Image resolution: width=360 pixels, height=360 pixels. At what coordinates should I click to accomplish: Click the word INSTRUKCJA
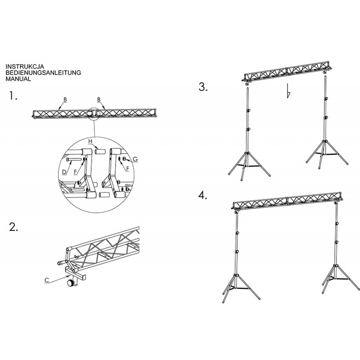[x=25, y=67]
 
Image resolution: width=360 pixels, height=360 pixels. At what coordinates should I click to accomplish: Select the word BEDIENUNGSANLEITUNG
[x=43, y=72]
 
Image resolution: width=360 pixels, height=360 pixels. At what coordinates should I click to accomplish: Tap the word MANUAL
[x=18, y=79]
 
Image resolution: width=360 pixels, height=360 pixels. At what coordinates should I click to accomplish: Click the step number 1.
[x=13, y=95]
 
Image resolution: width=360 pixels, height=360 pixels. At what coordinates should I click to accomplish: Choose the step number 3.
[x=203, y=87]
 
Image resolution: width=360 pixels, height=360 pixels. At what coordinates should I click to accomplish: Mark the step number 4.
[x=203, y=195]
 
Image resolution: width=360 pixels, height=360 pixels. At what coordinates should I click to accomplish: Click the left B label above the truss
[x=65, y=99]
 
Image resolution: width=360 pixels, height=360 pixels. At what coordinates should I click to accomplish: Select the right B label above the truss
[x=99, y=99]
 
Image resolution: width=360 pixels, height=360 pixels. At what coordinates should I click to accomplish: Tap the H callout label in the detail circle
[x=90, y=141]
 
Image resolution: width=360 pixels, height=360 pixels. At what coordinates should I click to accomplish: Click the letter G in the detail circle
[x=135, y=159]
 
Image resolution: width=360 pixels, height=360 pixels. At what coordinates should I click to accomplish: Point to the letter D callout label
[x=64, y=172]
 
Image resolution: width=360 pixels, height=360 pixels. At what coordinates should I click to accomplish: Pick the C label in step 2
[x=47, y=280]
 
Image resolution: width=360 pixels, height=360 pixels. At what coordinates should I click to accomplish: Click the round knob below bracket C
[x=71, y=283]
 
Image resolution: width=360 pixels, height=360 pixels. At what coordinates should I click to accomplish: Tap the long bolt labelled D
[x=74, y=159]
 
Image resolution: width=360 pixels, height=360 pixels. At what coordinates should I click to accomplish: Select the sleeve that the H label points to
[x=100, y=152]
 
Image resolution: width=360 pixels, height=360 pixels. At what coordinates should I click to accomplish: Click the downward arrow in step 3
[x=288, y=91]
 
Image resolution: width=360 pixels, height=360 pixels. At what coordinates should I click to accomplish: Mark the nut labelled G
[x=125, y=159]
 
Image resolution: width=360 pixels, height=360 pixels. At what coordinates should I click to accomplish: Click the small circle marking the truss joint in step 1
[x=94, y=114]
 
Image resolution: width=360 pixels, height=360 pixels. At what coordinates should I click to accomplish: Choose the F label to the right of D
[x=76, y=172]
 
